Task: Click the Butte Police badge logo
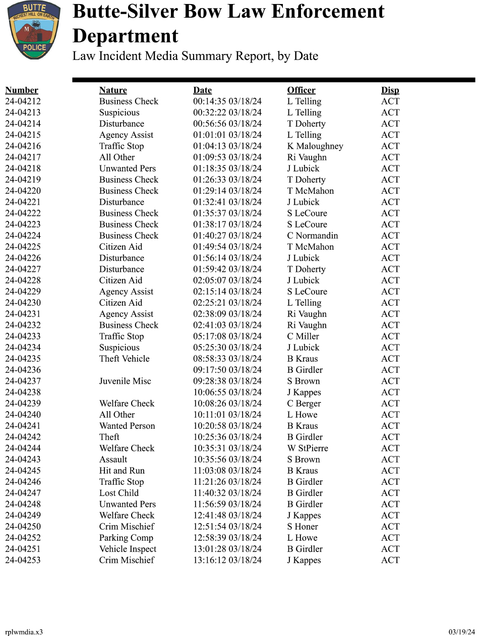coord(34,30)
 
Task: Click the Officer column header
coord(301,90)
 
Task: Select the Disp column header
coord(390,90)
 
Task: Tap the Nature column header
coord(113,90)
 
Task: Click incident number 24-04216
coord(23,146)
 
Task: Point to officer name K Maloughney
coord(315,146)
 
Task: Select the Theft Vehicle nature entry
coord(124,359)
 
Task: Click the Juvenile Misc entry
coord(125,381)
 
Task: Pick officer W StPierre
coord(308,448)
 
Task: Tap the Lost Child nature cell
coord(118,493)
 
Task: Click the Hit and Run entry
coord(122,471)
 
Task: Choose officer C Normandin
coord(313,236)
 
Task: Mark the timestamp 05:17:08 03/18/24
coord(227,336)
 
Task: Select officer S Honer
coord(303,527)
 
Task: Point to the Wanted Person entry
coord(127,426)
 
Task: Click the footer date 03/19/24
coord(462,632)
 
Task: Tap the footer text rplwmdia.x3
coord(24,632)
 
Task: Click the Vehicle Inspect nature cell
coord(128,549)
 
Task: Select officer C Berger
coord(304,403)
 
